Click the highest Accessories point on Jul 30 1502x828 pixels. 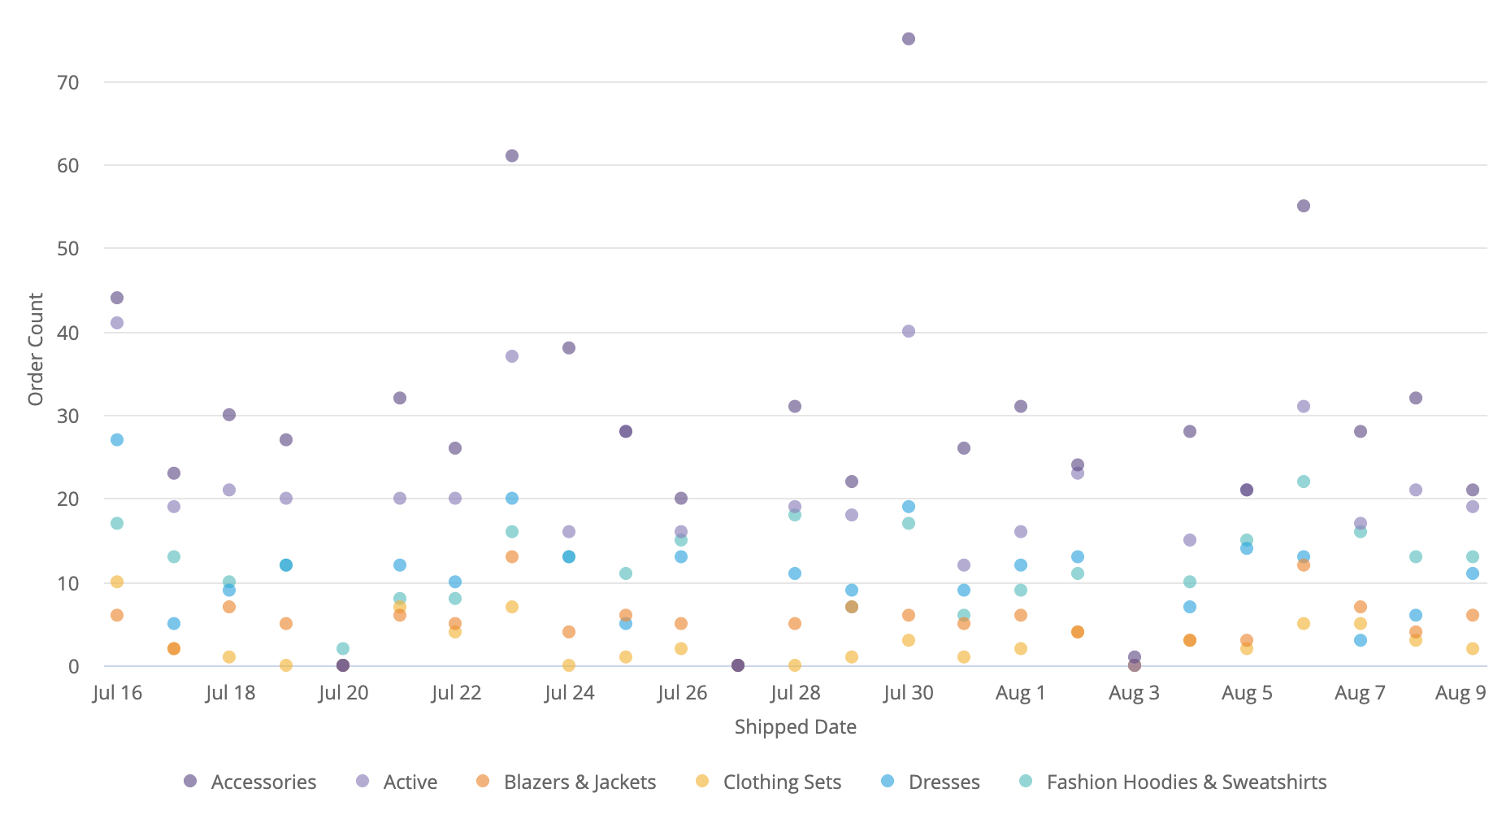tap(909, 39)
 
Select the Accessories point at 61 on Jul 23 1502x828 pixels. tap(512, 156)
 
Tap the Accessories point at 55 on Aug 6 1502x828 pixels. tap(1304, 207)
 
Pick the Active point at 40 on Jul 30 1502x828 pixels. tap(909, 331)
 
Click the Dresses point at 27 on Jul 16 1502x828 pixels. tap(117, 440)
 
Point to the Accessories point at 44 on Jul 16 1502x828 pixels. tap(117, 298)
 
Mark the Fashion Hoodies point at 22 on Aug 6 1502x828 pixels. tap(1304, 482)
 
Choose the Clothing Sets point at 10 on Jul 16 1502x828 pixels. tap(117, 582)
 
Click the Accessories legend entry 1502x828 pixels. tap(250, 782)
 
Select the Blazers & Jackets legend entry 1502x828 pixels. tap(567, 782)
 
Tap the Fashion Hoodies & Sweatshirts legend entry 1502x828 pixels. tap(1173, 782)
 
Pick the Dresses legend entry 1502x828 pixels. tap(931, 782)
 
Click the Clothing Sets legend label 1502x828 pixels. tap(782, 782)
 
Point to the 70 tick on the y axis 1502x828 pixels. tap(68, 82)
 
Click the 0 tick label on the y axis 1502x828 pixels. tap(74, 666)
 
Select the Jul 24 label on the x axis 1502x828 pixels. tap(569, 693)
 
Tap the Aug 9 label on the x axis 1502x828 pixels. tap(1461, 693)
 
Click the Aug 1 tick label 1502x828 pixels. tap(1020, 693)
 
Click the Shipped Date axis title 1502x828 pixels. tap(795, 726)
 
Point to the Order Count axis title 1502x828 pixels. tap(36, 349)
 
